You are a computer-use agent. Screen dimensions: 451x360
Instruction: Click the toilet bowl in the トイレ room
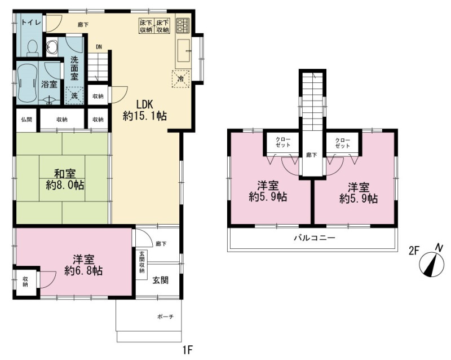[32, 47]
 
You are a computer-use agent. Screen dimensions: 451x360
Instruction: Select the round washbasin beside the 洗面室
[52, 47]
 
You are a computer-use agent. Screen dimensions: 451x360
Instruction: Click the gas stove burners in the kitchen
[183, 25]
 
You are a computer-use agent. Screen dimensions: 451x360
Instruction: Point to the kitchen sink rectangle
[183, 51]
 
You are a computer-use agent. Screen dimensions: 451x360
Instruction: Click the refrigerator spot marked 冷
[180, 78]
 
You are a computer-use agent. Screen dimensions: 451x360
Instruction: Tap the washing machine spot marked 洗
[74, 95]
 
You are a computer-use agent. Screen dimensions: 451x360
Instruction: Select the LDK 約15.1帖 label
[145, 110]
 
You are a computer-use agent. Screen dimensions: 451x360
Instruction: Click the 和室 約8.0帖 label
[65, 179]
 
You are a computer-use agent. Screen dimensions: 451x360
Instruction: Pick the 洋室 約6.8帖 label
[83, 265]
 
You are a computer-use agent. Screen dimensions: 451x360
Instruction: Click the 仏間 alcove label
[26, 119]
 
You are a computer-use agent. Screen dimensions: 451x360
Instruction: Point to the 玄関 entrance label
[160, 280]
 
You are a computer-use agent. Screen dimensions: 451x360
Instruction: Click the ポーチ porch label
[166, 317]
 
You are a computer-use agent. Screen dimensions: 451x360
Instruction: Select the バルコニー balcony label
[315, 238]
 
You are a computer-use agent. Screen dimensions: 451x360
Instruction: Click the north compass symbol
[432, 261]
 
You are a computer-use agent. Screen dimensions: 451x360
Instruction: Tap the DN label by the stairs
[99, 47]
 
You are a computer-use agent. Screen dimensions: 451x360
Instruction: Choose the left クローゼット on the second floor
[283, 143]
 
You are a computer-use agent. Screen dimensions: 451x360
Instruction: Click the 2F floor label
[413, 251]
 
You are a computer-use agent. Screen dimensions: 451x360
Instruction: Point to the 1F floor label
[187, 350]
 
